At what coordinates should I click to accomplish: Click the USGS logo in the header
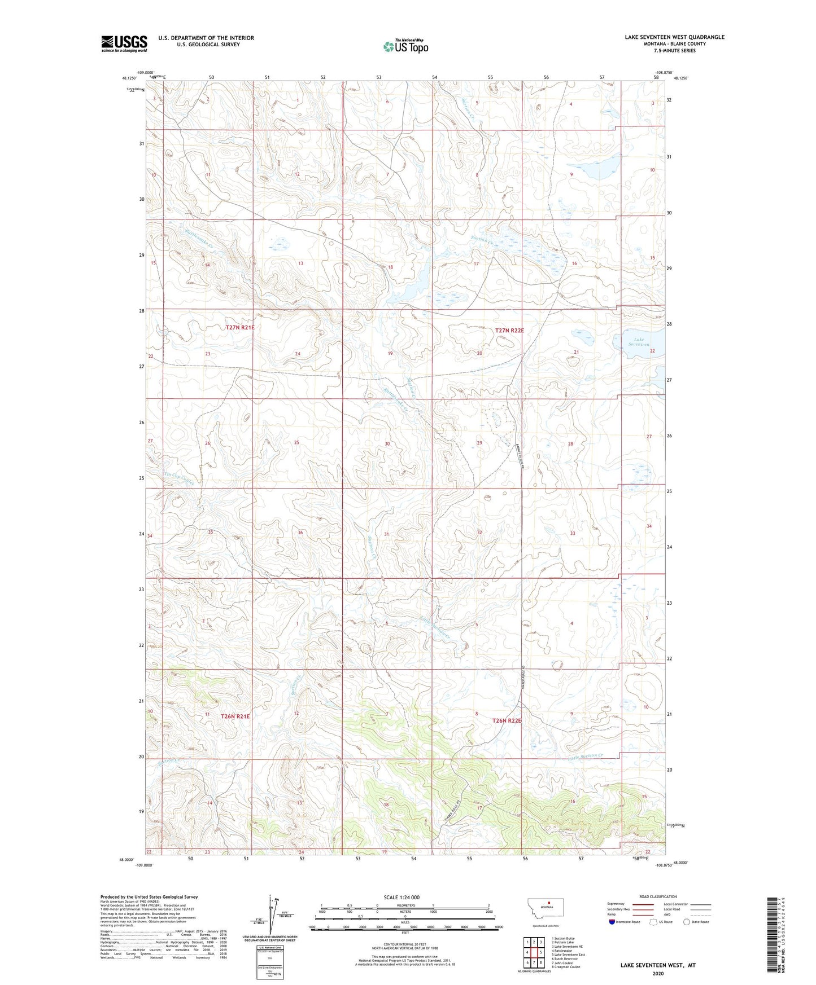124,43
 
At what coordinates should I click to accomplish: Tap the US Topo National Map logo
405,46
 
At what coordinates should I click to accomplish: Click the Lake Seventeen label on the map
640,342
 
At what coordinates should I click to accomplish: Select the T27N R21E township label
240,327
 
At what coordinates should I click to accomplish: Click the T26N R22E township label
507,720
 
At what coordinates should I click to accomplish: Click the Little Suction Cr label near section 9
586,757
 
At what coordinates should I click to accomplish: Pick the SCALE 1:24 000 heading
401,898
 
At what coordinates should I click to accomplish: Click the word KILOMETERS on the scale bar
404,905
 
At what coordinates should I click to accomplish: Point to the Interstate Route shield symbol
612,922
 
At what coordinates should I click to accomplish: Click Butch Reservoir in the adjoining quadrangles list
564,958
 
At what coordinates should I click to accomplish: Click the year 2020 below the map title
657,973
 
